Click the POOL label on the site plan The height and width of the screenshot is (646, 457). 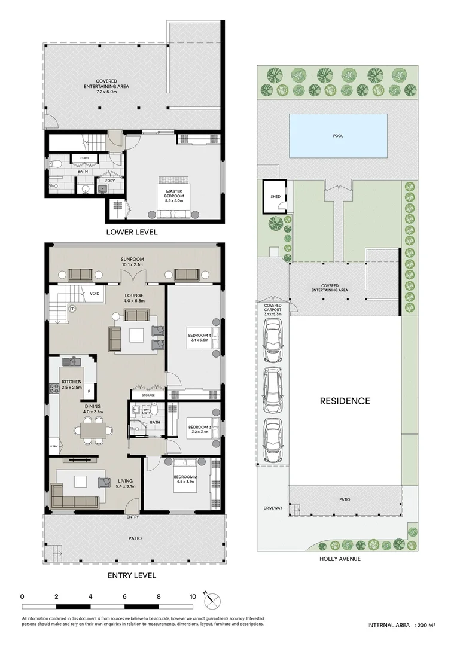[x=339, y=136]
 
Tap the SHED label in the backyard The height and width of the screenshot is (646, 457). [x=275, y=196]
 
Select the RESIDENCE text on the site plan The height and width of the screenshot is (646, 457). [x=345, y=401]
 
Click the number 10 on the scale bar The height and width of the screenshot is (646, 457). [x=193, y=596]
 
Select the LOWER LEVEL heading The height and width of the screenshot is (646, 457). [x=132, y=232]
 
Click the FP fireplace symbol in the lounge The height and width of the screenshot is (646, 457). [x=72, y=309]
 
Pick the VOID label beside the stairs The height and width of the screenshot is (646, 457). [x=95, y=294]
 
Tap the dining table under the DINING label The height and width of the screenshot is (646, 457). [x=92, y=429]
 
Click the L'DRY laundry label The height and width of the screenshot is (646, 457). [x=109, y=181]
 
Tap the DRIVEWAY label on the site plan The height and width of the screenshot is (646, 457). [x=272, y=509]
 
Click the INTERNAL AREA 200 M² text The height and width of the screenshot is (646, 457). [x=401, y=625]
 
